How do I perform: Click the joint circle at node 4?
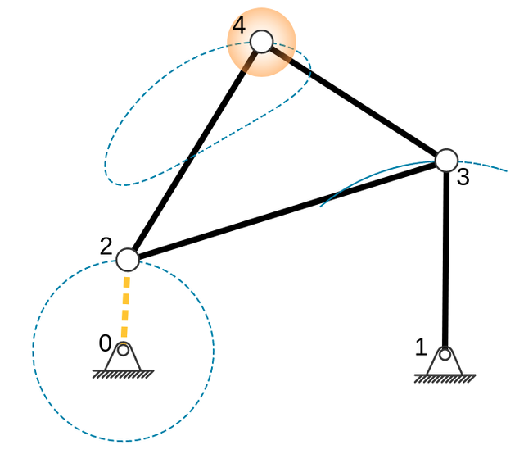tap(261, 41)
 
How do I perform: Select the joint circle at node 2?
tap(128, 260)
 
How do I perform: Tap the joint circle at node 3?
tap(446, 161)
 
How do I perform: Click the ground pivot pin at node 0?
tap(123, 351)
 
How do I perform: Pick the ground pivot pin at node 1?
tap(445, 355)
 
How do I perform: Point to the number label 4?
tap(238, 25)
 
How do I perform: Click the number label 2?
tap(106, 247)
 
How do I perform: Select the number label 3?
tap(463, 178)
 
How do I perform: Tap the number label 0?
tap(105, 343)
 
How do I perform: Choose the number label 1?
tap(421, 347)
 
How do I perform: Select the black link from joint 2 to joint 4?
tap(194, 151)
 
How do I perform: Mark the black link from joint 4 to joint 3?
tap(354, 101)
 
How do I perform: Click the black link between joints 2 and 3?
tap(287, 211)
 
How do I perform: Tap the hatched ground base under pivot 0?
tap(123, 375)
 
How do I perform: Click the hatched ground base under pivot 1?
tap(445, 379)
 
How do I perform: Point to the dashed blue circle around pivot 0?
tap(214, 351)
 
